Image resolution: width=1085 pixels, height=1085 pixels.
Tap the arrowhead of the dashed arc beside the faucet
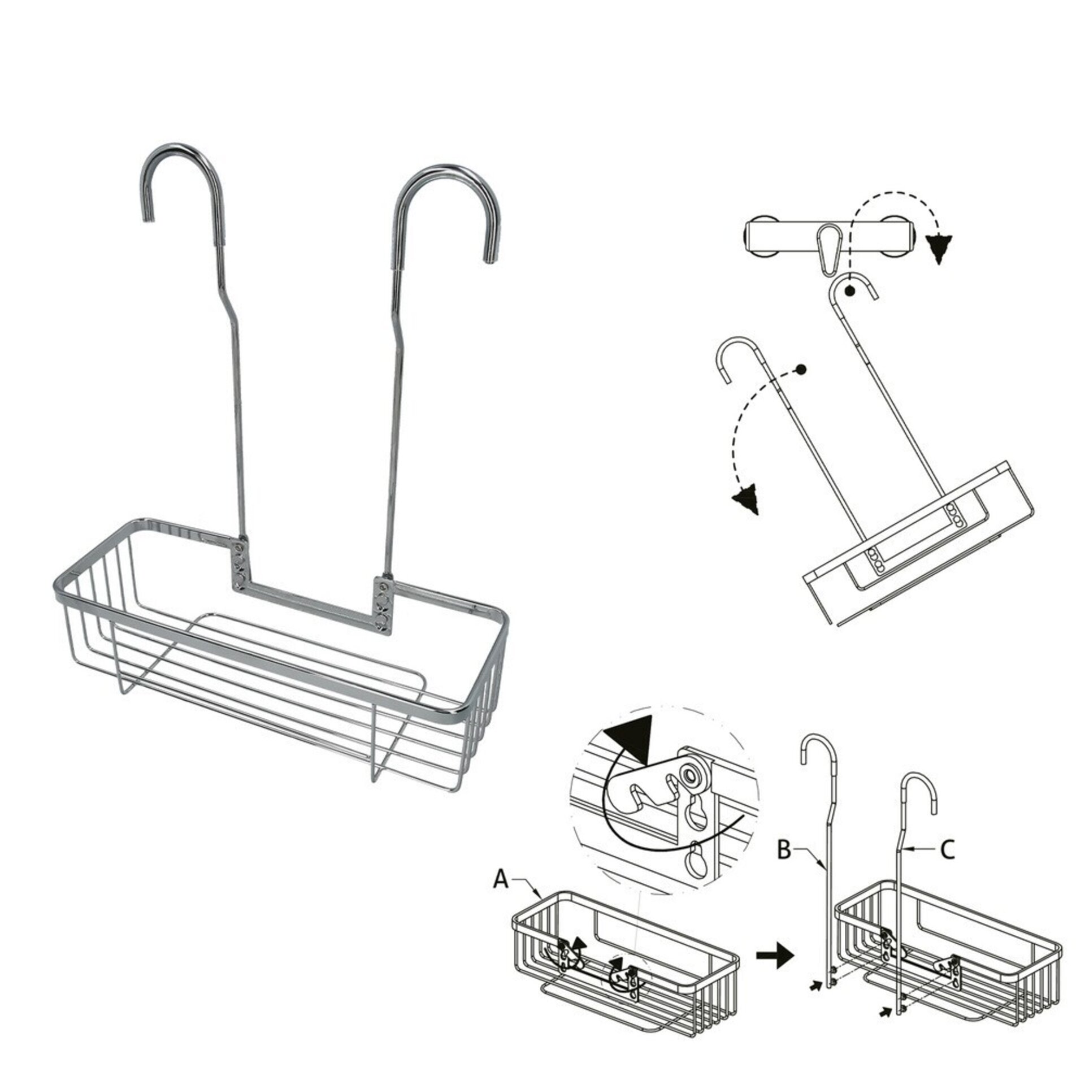pos(939,248)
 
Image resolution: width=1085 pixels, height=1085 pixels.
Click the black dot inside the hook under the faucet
pos(849,291)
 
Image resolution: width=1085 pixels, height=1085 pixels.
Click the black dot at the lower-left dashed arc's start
pos(800,370)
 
